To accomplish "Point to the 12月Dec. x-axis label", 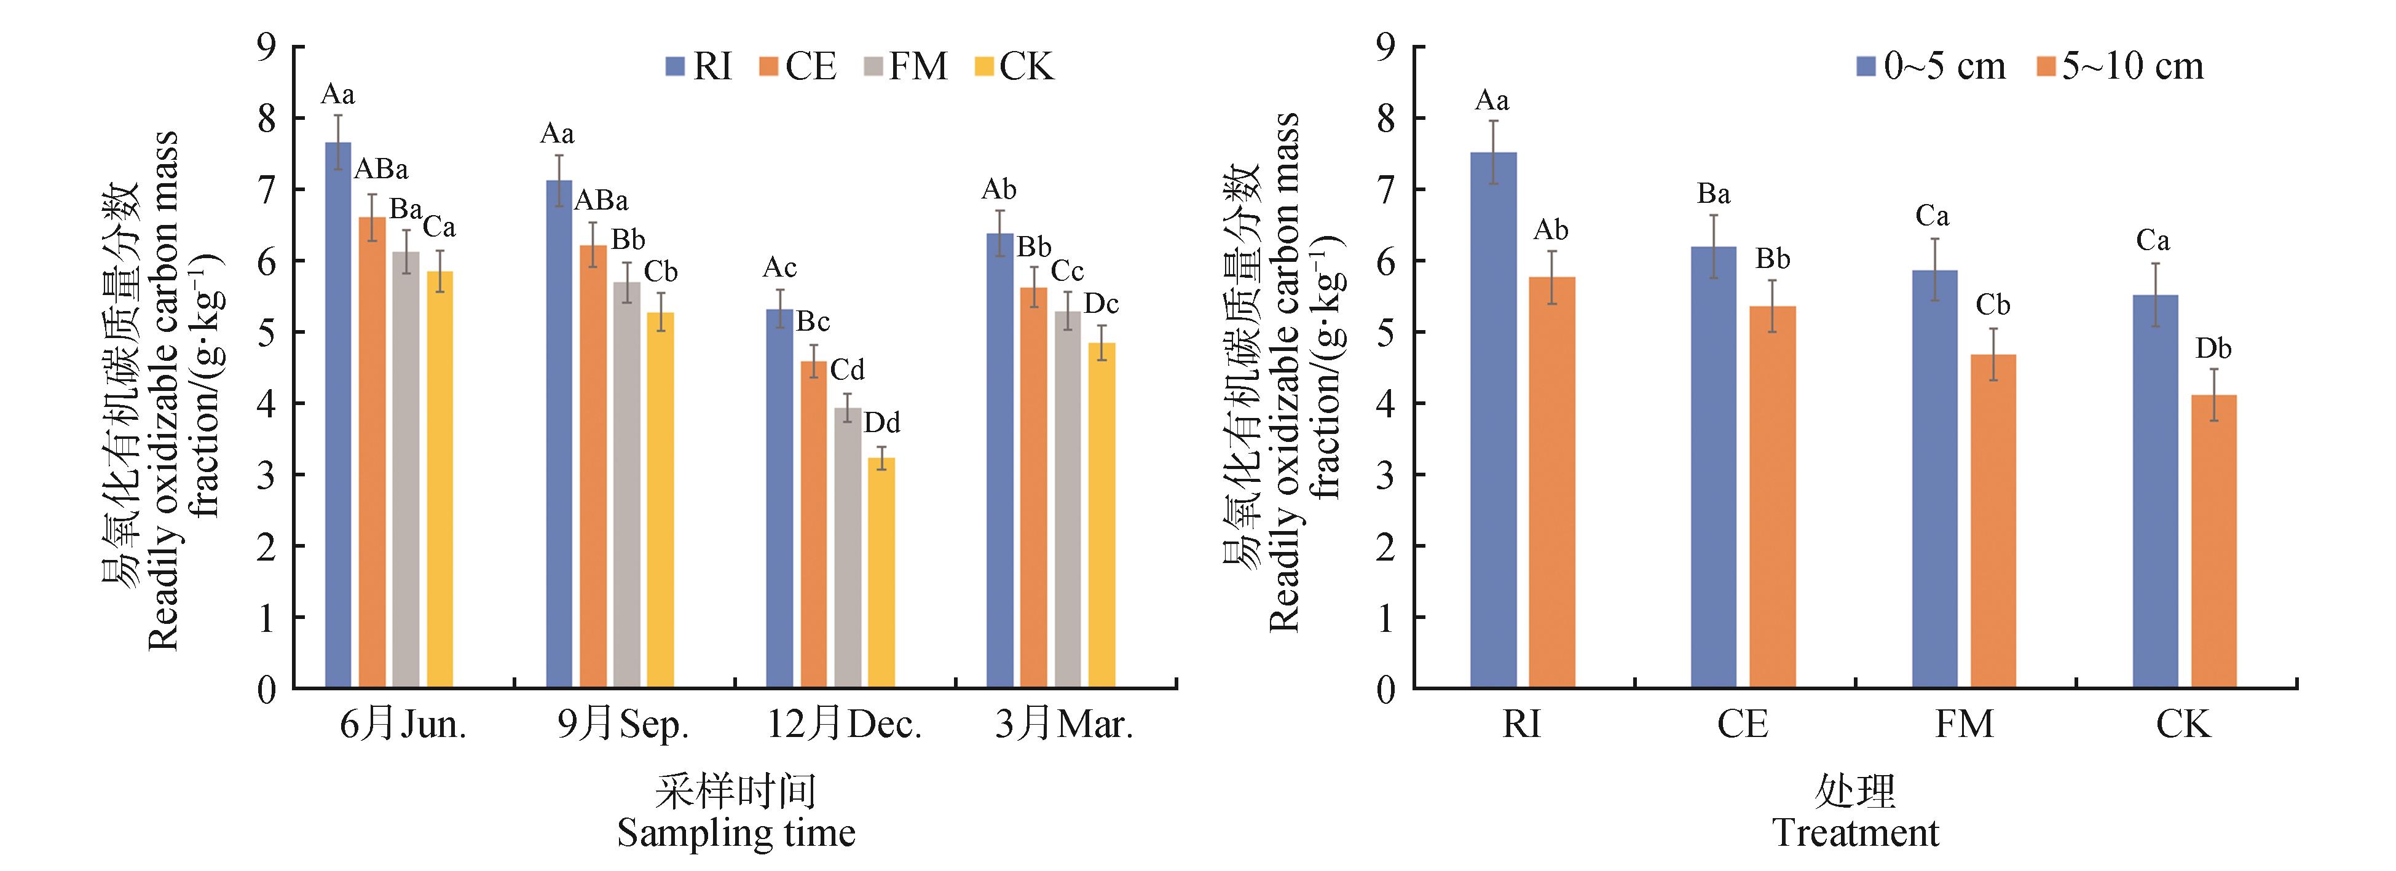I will (843, 725).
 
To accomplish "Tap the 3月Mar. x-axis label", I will (1064, 725).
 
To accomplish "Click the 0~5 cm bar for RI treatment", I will (1493, 420).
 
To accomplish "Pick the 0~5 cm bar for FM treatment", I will (1934, 479).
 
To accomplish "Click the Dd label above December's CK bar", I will (882, 424).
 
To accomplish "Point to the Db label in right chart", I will (2213, 349).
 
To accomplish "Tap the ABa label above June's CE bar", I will (381, 170).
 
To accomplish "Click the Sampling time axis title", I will (736, 833).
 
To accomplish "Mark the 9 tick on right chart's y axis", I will (1386, 47).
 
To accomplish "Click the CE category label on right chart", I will (1742, 725).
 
